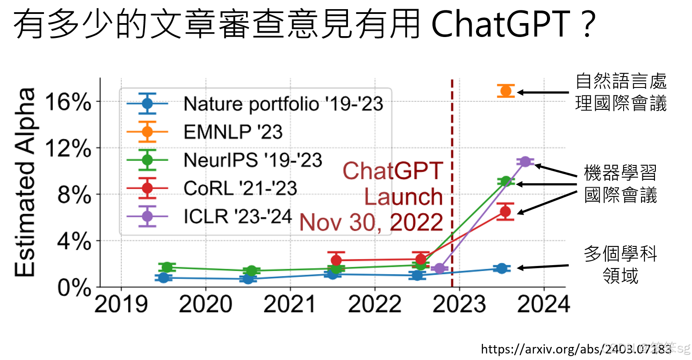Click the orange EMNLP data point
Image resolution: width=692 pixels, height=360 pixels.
click(x=506, y=91)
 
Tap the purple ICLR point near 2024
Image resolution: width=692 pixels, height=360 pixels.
click(x=525, y=161)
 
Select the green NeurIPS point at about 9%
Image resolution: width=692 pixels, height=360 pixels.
click(x=506, y=182)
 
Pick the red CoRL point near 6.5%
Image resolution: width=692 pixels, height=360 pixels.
click(x=505, y=212)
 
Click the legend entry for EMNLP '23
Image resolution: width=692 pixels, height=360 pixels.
click(x=233, y=132)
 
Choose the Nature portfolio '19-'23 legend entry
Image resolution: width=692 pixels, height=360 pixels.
click(x=283, y=104)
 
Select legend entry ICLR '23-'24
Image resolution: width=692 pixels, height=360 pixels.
click(x=237, y=216)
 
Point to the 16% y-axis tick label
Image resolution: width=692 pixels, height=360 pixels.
click(x=68, y=102)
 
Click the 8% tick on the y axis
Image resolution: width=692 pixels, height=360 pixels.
click(x=74, y=195)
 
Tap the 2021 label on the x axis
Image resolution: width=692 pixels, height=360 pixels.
click(x=290, y=304)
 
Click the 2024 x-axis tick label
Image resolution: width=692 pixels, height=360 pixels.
click(x=543, y=304)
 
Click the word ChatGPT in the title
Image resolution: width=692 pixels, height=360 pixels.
click(x=500, y=24)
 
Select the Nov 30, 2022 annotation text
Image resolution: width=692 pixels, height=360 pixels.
click(x=371, y=222)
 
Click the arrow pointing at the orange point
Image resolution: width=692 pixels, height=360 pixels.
click(x=543, y=92)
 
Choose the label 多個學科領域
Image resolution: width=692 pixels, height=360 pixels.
click(x=620, y=265)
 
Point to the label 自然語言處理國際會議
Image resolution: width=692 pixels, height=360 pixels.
click(x=621, y=92)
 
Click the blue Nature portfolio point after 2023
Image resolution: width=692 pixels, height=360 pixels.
click(x=502, y=268)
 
